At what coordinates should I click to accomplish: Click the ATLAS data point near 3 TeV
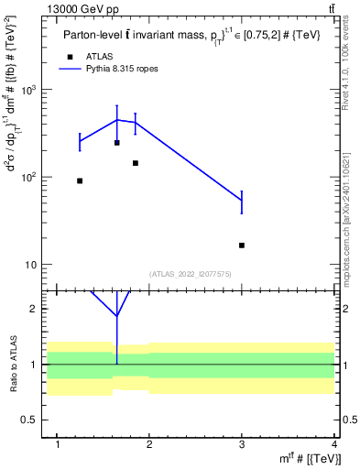click(242, 245)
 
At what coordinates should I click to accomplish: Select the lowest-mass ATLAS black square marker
click(80, 180)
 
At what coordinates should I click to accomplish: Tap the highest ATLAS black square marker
click(116, 143)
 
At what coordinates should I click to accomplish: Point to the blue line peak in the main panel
click(116, 119)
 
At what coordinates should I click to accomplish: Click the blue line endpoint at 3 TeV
click(242, 201)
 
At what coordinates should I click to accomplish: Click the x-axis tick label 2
click(150, 444)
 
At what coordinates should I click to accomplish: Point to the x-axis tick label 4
click(334, 444)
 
